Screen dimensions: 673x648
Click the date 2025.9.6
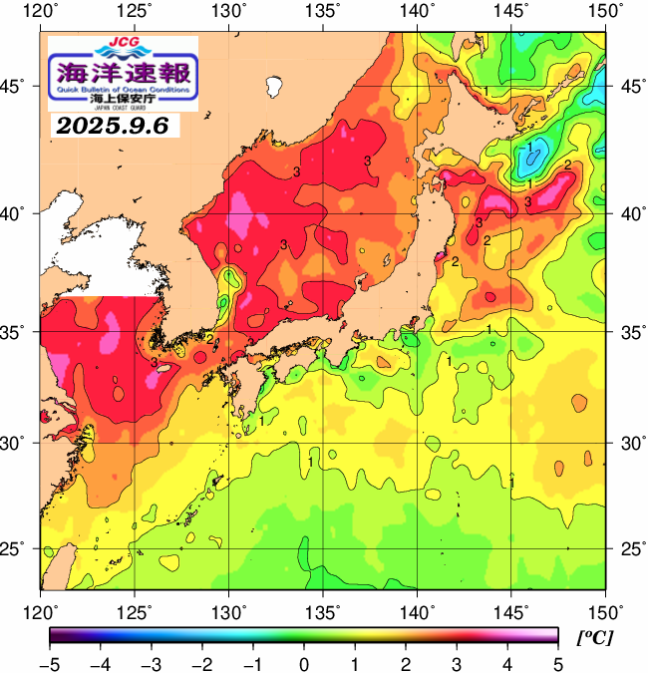coord(113,126)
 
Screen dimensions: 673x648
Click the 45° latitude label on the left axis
coord(17,87)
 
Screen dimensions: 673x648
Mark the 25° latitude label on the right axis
coord(628,549)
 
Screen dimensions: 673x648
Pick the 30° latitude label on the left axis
coord(17,442)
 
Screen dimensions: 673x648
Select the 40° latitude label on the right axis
coord(628,213)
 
